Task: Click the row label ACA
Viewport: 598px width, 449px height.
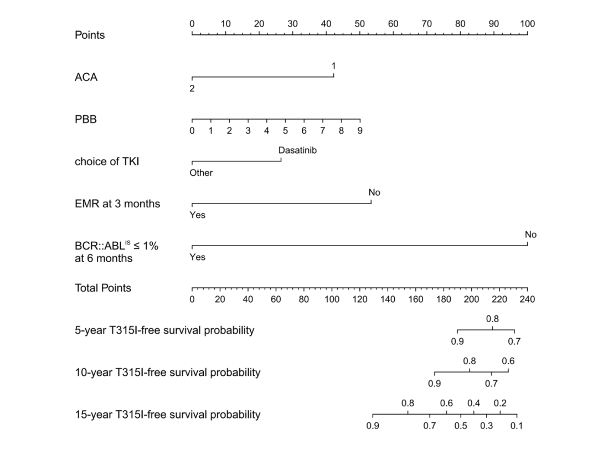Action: coord(86,78)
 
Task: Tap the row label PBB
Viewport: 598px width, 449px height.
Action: coord(86,119)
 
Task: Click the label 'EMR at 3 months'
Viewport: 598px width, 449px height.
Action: coord(117,204)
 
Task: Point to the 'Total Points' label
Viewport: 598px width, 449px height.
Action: coord(103,288)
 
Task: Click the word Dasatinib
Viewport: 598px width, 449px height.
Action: coord(298,150)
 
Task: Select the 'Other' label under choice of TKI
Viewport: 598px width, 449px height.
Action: coord(201,173)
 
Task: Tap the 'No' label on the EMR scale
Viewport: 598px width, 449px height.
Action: coord(374,192)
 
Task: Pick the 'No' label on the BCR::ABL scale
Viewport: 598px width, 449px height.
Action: coord(530,234)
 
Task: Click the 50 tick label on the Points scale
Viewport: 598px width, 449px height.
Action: coord(360,24)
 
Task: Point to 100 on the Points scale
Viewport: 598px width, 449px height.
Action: coord(527,24)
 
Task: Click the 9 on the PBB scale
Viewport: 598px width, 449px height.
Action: coord(360,131)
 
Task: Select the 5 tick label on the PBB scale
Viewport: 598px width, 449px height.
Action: coord(285,131)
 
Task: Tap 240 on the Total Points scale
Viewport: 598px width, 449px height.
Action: coord(527,300)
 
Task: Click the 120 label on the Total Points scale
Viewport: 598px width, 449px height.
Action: coord(360,300)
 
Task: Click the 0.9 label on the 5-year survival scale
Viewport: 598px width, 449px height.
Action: coord(457,341)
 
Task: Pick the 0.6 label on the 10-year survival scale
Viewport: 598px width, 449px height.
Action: coord(508,361)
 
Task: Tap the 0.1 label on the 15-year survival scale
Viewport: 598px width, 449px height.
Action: coord(516,426)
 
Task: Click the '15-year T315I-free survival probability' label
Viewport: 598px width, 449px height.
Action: coord(167,415)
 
